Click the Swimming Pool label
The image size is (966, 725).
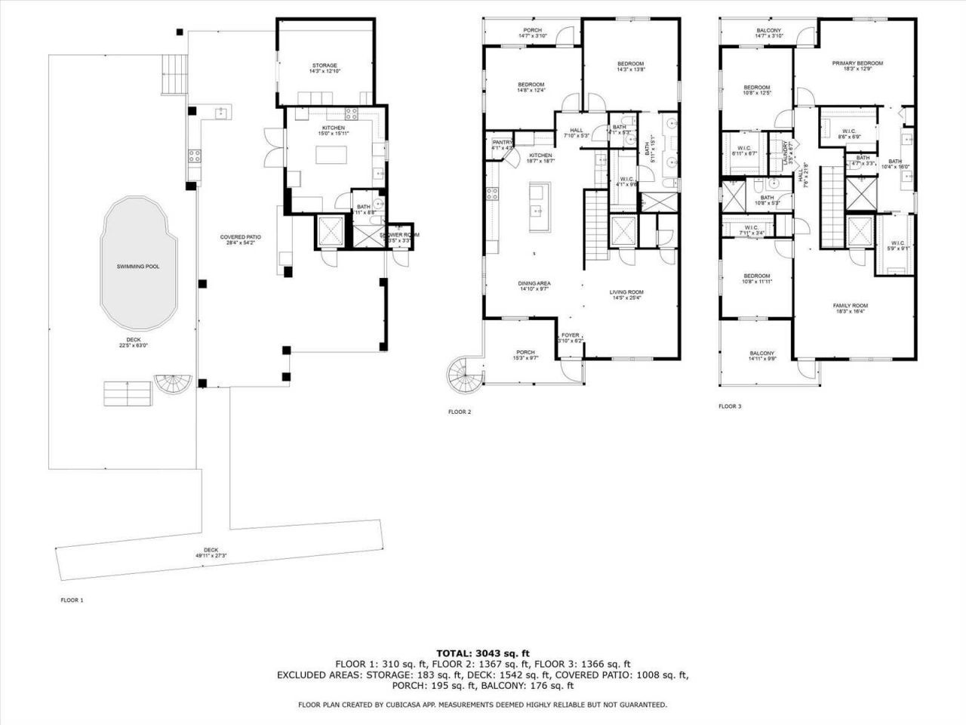138,267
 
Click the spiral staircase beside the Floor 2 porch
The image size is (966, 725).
462,373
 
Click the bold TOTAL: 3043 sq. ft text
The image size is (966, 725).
483,652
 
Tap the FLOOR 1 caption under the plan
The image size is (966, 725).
72,600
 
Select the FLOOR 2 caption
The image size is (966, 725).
459,412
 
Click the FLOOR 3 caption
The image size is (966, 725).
730,406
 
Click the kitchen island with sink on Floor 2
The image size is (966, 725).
540,208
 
